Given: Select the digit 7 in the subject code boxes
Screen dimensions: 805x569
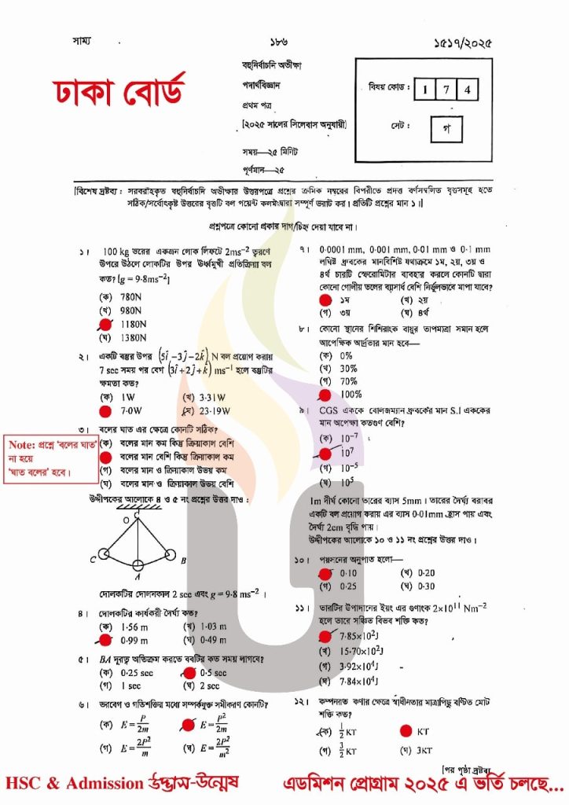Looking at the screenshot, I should [446, 90].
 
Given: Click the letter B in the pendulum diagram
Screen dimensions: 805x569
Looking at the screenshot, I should [182, 561].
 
